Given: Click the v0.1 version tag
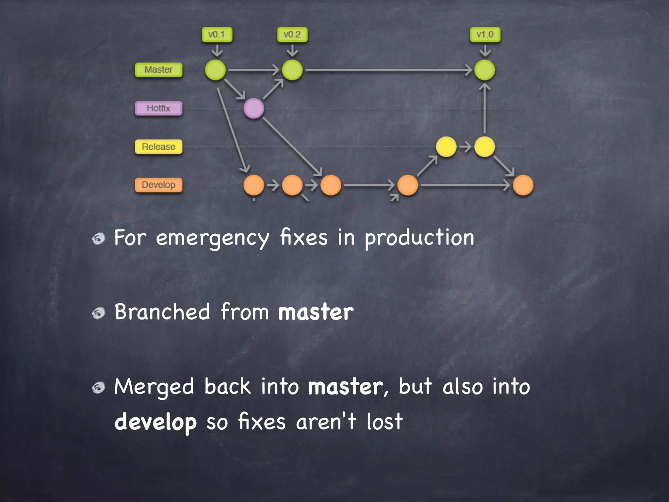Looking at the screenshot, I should tap(217, 35).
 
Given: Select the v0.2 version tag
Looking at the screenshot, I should tap(292, 35).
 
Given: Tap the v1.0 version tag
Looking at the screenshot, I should tap(485, 35).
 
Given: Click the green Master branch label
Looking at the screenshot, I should tap(158, 70).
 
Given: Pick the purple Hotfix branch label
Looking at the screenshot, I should tap(158, 109).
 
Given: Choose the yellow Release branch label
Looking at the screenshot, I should tap(158, 147).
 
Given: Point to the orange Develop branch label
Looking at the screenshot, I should tap(158, 185).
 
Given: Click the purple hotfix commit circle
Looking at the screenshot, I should tap(254, 109).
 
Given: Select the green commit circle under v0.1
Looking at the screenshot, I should tap(215, 70).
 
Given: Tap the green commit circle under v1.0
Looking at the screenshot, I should tap(484, 70).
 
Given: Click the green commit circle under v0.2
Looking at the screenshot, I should tap(292, 70).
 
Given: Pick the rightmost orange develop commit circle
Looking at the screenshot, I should tap(523, 185).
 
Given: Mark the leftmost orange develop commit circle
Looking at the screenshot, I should tap(254, 185).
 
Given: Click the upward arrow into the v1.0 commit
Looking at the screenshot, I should tap(484, 108).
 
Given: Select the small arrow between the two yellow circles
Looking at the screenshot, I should tap(465, 147).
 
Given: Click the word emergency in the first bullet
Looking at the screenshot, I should tap(212, 238).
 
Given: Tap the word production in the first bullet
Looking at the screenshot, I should tap(419, 238).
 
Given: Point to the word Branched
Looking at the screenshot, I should tap(162, 312).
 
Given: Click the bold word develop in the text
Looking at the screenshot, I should tap(155, 422).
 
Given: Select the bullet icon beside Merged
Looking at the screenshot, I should tap(98, 388).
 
